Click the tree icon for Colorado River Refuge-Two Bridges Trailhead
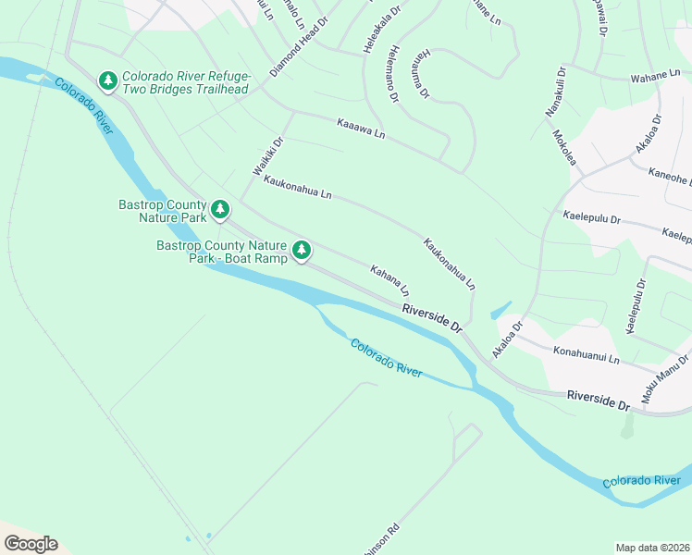109,81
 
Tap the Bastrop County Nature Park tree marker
219,210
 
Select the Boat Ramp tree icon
302,250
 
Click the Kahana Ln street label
389,280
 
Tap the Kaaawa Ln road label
361,129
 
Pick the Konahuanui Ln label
586,356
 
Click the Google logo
31,543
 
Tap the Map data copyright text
652,547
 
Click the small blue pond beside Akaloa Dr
500,311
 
